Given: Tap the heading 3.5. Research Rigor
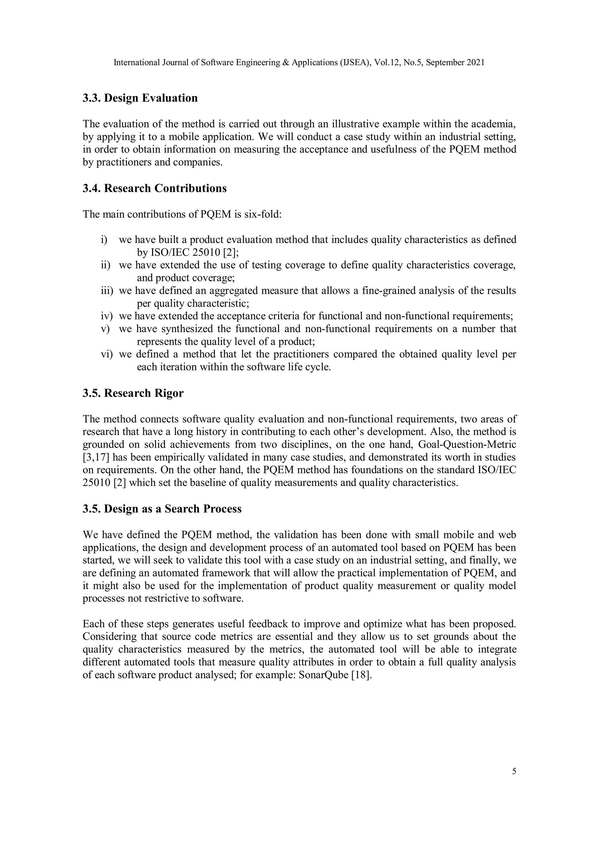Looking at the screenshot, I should point(133,393).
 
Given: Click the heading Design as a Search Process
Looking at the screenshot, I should point(173,509).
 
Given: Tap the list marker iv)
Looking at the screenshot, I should point(107,316).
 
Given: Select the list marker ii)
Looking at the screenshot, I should point(106,265).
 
